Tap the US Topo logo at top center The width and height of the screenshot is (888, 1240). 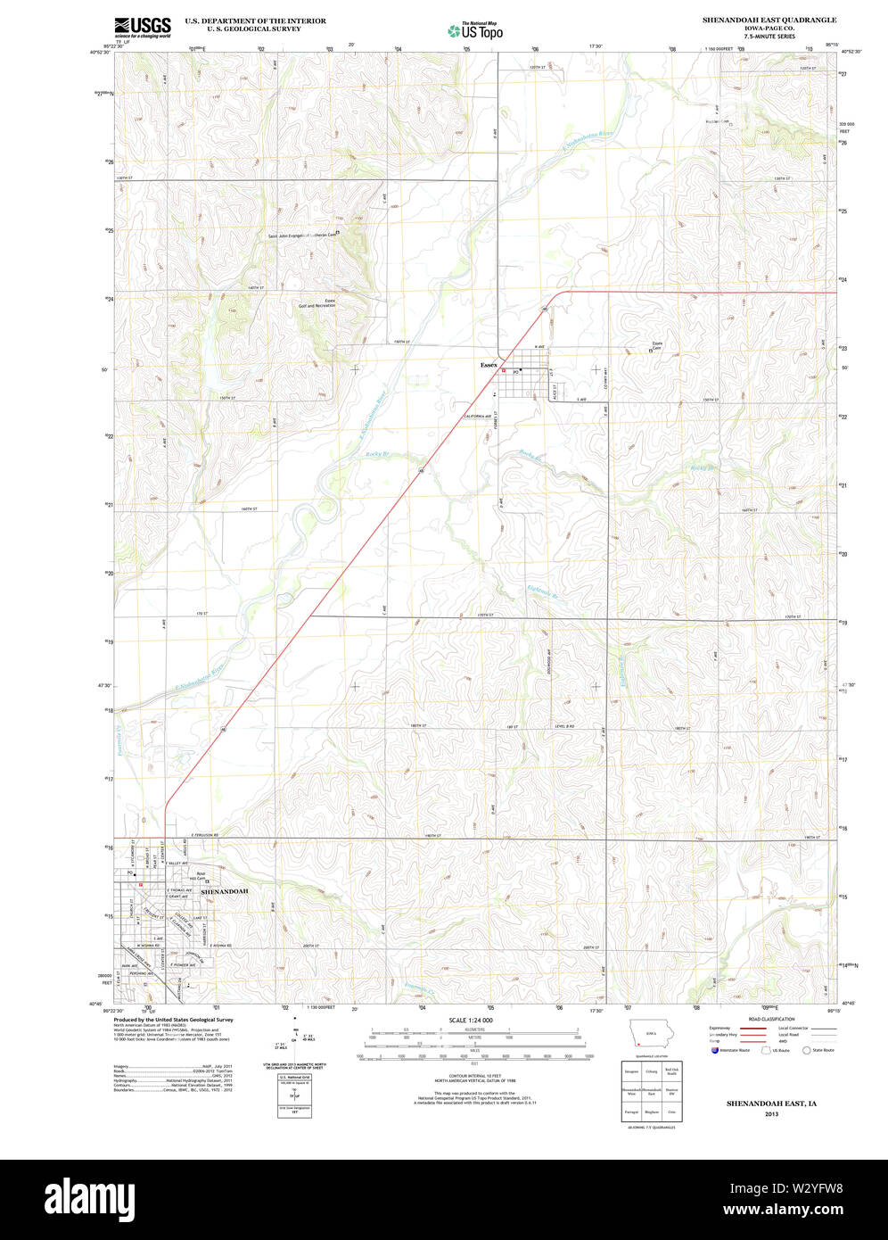(475, 30)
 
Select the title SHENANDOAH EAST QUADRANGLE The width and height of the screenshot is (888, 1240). (769, 19)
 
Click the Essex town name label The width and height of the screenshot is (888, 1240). (489, 365)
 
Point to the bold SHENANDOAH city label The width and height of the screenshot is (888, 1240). (224, 891)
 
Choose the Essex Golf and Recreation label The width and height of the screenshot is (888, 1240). (318, 303)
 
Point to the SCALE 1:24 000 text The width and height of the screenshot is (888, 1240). (471, 1020)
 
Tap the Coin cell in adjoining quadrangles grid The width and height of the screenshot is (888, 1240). (672, 1113)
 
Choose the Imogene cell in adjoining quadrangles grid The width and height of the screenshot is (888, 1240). (631, 1071)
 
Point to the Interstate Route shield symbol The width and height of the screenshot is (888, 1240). (715, 1050)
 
